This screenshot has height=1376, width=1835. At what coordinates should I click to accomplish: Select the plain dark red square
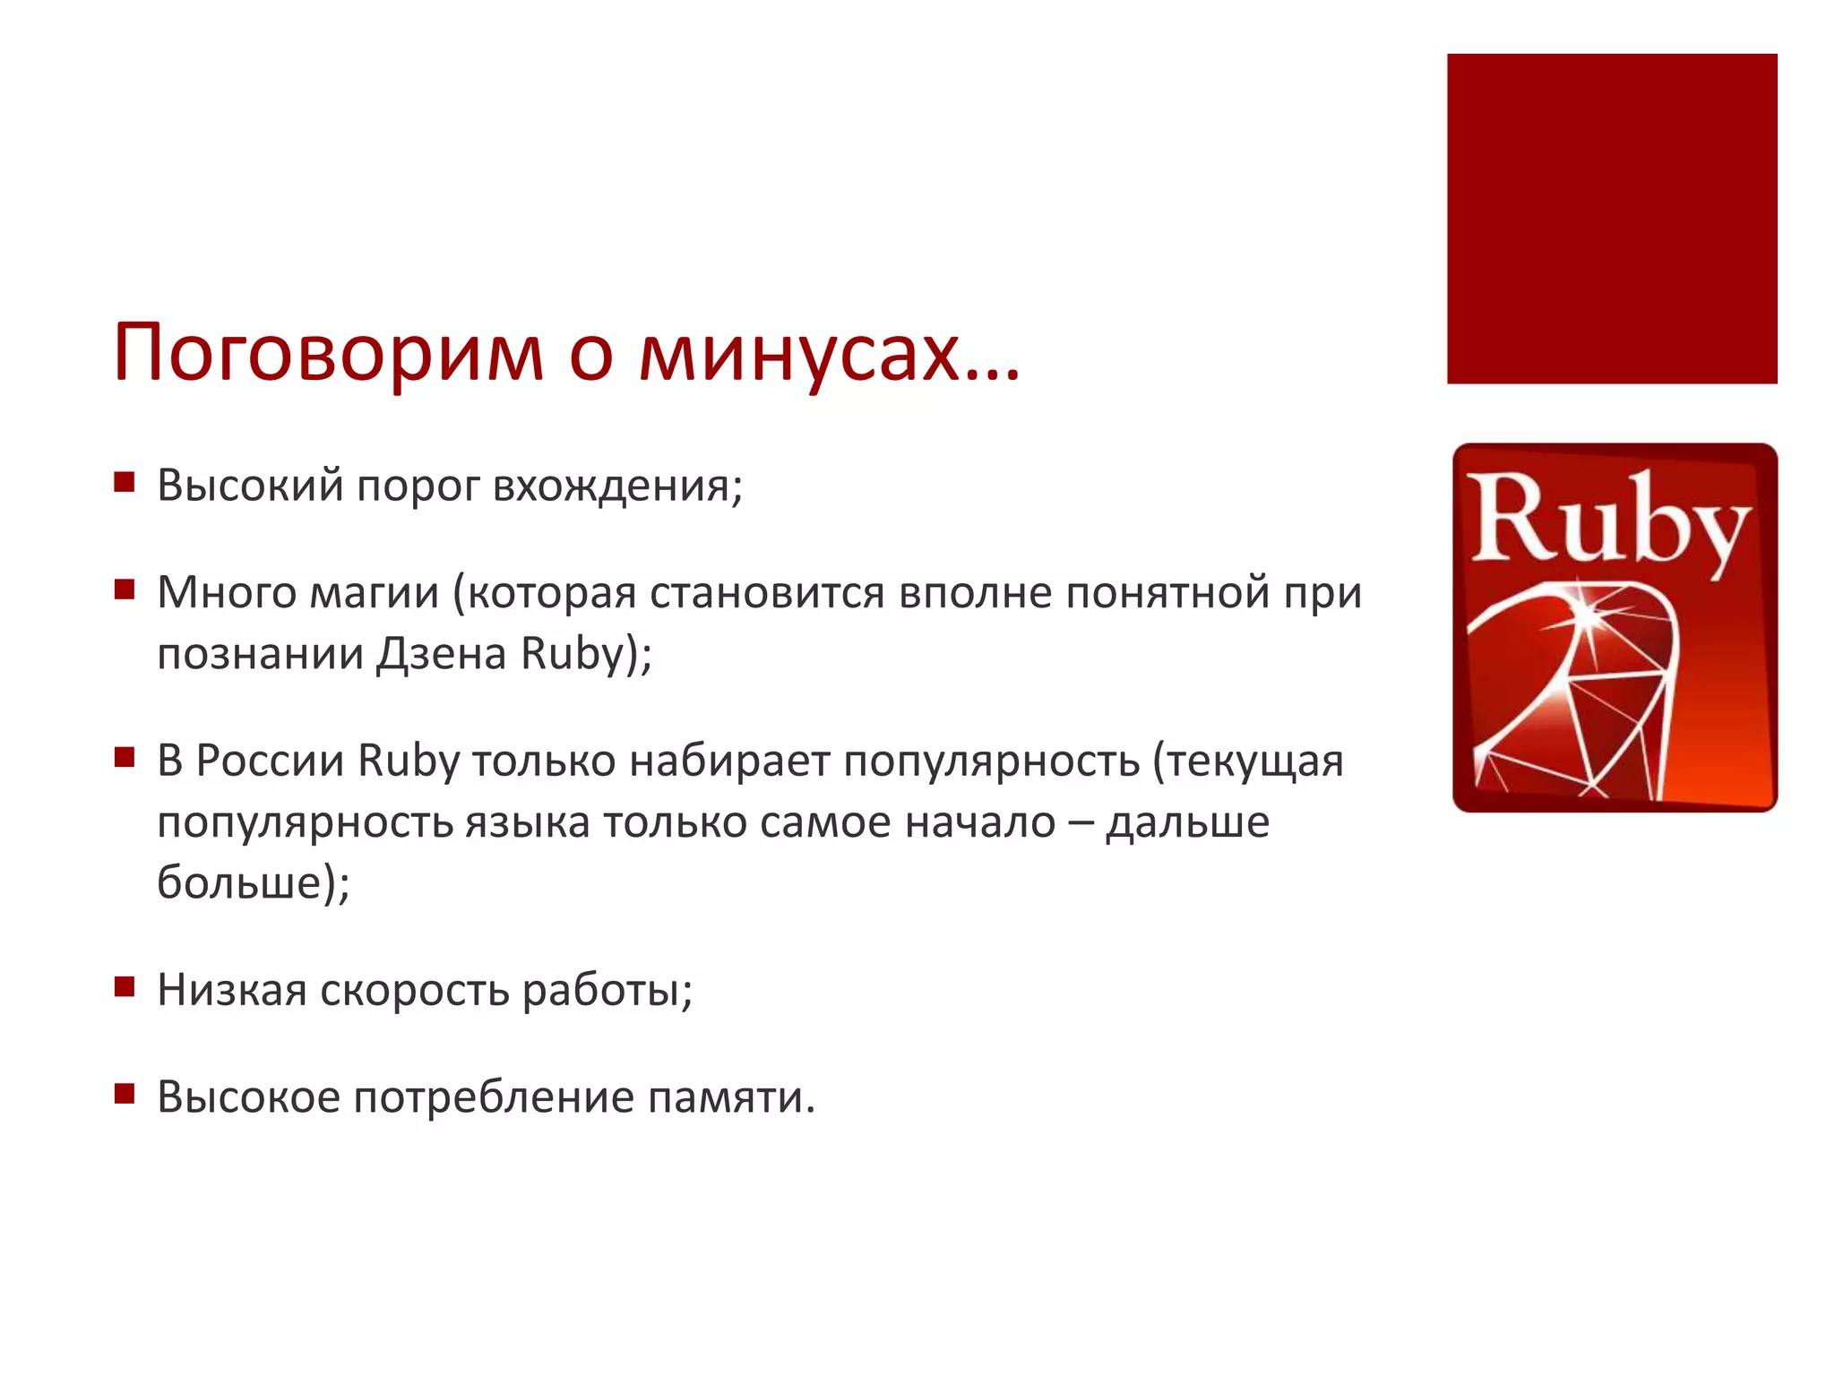1611,219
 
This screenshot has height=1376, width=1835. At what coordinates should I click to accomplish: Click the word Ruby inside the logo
1607,520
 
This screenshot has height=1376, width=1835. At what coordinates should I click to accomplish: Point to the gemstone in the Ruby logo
1577,690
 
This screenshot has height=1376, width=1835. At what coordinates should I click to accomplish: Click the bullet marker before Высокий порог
124,483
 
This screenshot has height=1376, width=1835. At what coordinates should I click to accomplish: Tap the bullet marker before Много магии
124,589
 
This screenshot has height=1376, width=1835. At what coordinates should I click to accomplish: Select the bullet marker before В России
124,758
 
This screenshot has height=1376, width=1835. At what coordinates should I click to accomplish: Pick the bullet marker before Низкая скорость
124,987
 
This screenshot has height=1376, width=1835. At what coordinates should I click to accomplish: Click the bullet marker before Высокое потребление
124,1094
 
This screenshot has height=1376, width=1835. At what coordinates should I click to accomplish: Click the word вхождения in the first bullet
616,486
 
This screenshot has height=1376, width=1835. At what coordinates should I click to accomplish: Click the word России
270,761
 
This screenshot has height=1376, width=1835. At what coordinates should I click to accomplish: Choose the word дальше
1187,822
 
